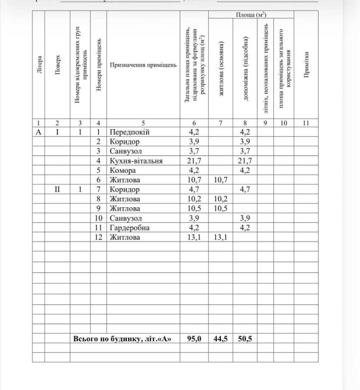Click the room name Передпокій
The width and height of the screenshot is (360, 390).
click(x=130, y=132)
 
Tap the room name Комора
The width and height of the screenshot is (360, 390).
click(x=123, y=171)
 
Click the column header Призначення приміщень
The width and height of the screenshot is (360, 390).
click(x=143, y=65)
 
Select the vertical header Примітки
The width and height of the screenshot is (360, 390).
click(x=306, y=65)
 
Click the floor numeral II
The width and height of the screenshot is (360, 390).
click(x=57, y=190)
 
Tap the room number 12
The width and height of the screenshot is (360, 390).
click(x=99, y=237)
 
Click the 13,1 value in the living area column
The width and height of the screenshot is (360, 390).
click(x=220, y=237)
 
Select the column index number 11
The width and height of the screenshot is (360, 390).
click(x=306, y=123)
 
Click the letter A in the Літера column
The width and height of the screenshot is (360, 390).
click(x=38, y=132)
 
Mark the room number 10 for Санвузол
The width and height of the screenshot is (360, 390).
click(x=99, y=218)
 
